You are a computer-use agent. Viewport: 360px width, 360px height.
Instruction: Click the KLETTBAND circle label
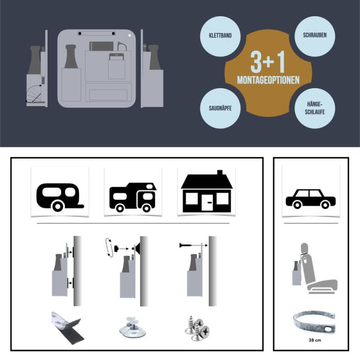(x=220, y=36)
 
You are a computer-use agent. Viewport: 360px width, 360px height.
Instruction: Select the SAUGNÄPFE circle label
(x=220, y=108)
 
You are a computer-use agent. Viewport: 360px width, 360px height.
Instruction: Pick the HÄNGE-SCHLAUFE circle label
(x=315, y=108)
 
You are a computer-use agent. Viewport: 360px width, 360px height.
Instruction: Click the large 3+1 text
(x=268, y=62)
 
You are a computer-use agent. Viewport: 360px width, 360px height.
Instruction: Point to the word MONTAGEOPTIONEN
(x=268, y=80)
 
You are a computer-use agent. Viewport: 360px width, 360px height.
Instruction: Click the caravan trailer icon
(x=60, y=197)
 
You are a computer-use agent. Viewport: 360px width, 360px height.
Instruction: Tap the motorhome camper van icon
(x=133, y=197)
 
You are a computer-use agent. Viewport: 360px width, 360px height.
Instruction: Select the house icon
(x=207, y=191)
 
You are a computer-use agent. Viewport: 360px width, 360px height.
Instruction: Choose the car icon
(x=310, y=199)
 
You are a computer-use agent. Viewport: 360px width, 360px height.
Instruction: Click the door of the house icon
(x=209, y=202)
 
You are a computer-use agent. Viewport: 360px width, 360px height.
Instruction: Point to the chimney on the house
(x=220, y=173)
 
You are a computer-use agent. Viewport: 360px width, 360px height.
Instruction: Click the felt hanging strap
(x=314, y=322)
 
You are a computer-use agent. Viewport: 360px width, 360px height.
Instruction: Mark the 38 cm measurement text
(x=315, y=340)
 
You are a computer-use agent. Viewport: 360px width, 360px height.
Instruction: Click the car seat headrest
(x=305, y=248)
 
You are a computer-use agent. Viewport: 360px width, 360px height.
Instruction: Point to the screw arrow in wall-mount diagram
(x=193, y=245)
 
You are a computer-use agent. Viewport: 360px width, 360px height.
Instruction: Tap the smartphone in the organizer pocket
(x=117, y=57)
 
